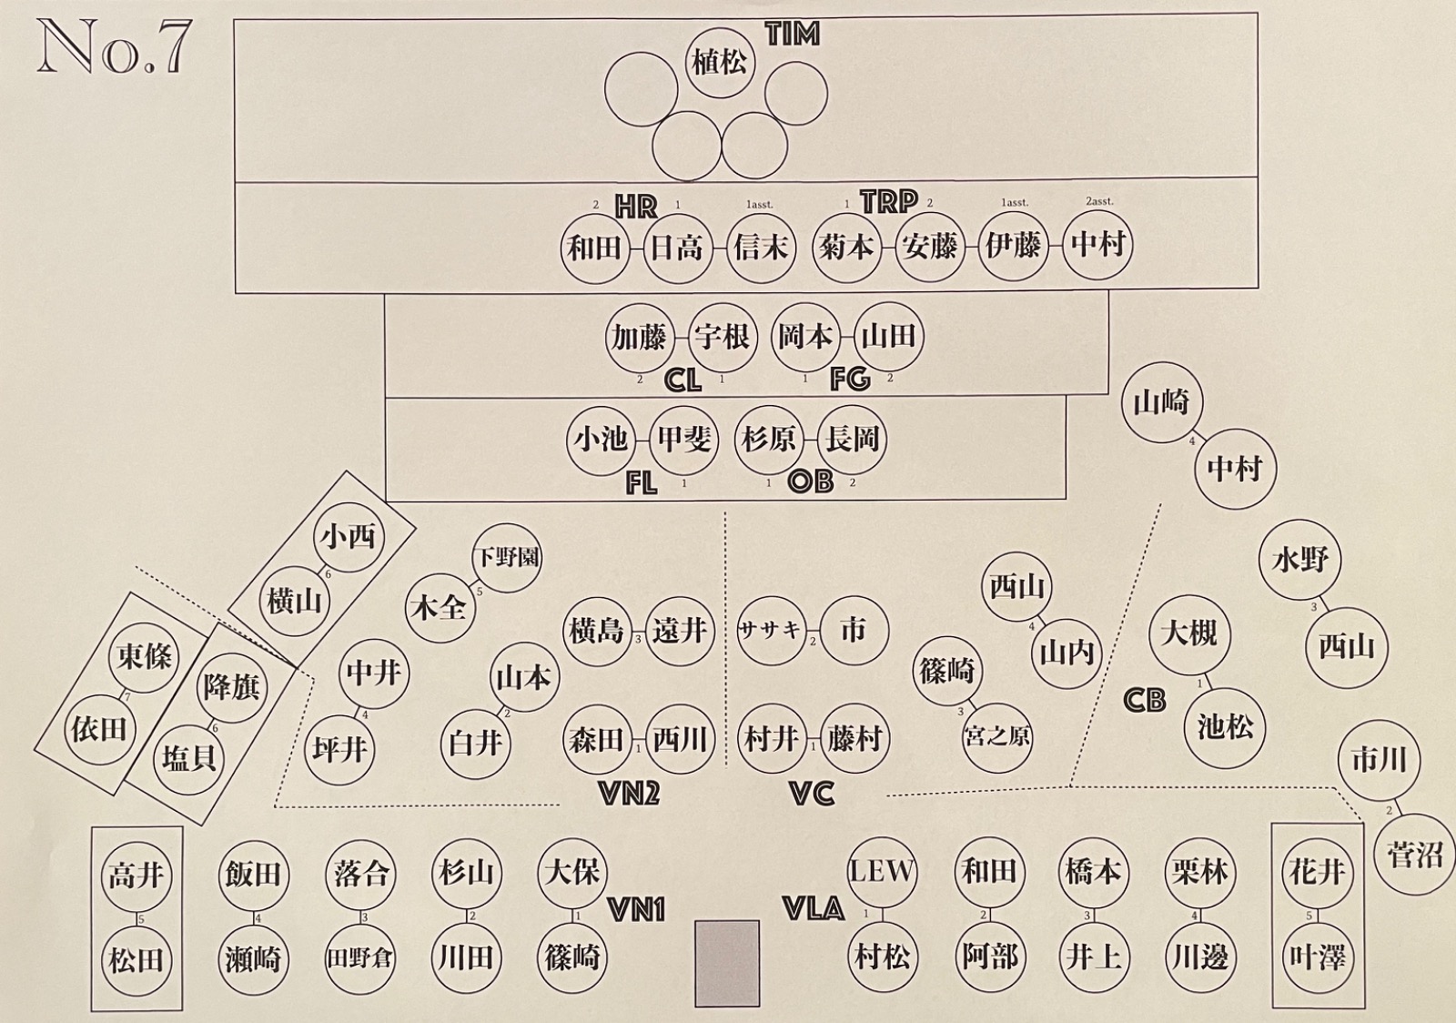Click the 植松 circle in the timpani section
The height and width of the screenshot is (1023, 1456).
(x=719, y=62)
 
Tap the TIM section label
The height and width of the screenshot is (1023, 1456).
(x=792, y=35)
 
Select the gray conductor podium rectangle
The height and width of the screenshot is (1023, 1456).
(x=727, y=963)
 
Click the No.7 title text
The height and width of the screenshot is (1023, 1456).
(x=113, y=49)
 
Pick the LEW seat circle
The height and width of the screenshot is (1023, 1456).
(x=881, y=871)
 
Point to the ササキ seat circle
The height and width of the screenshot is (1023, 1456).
(x=771, y=630)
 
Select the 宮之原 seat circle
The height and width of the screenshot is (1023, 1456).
(x=997, y=736)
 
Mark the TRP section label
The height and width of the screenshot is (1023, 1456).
(x=889, y=202)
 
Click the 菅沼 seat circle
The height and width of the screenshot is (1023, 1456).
(x=1415, y=855)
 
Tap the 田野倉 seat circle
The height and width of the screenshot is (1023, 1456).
(x=361, y=958)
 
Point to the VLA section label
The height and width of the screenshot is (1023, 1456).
(x=814, y=907)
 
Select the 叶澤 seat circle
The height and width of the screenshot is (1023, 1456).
(x=1317, y=957)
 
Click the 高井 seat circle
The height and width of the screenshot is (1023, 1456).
(x=136, y=876)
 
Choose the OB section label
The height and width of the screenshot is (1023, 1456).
(x=810, y=481)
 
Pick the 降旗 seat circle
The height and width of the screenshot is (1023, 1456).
(x=232, y=687)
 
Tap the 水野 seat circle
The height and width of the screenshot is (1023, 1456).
(x=1300, y=560)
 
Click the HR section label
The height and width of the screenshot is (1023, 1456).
(x=635, y=207)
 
